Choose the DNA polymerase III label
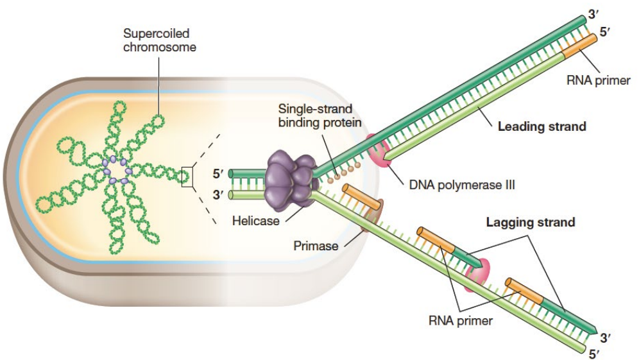(x=462, y=185)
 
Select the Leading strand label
(x=542, y=126)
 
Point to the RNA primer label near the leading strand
(x=599, y=81)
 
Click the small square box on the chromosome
(x=187, y=176)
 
